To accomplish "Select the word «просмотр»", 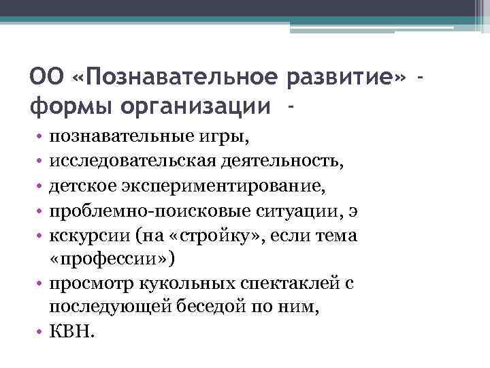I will (91, 284).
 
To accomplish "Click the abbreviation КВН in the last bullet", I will (70, 333).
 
